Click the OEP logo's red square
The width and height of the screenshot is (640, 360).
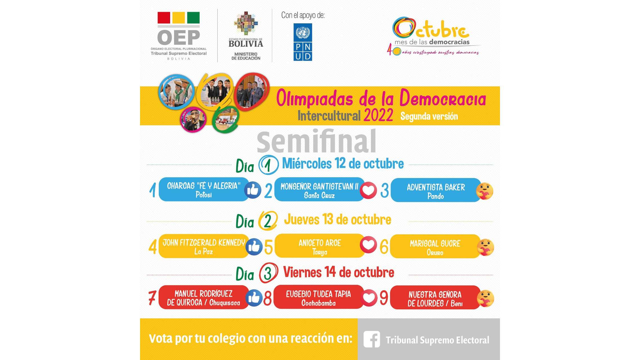click(164, 18)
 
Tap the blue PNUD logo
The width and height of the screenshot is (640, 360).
click(303, 42)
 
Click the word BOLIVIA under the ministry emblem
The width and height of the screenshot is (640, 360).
click(246, 44)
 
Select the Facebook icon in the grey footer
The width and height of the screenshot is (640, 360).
click(372, 339)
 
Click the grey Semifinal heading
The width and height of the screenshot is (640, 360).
click(317, 141)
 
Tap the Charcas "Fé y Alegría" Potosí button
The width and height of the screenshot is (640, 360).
click(204, 190)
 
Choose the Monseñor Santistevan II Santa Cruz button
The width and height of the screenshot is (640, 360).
click(319, 190)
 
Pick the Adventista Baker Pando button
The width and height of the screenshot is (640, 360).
click(436, 190)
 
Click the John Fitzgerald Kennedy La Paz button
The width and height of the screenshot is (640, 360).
click(204, 246)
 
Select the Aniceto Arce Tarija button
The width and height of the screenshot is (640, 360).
click(320, 246)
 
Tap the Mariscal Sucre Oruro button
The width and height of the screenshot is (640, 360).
click(435, 246)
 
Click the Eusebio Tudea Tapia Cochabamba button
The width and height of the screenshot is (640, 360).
click(319, 297)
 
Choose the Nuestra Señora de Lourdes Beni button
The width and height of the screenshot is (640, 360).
click(435, 298)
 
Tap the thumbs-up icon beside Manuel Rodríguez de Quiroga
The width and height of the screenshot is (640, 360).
click(254, 298)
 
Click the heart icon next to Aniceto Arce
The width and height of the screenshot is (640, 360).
click(368, 245)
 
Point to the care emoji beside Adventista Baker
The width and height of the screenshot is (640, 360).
click(484, 191)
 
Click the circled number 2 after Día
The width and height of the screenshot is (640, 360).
click(268, 221)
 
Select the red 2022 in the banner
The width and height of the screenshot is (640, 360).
click(378, 115)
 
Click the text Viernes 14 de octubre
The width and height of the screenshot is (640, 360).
click(339, 272)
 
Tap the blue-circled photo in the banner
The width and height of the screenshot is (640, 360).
click(176, 92)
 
